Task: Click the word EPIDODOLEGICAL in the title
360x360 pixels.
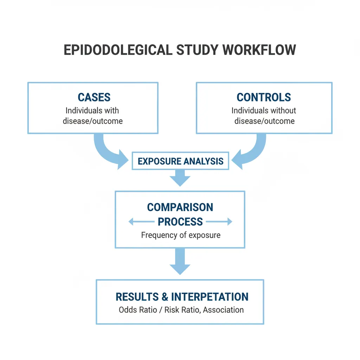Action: pyautogui.click(x=118, y=50)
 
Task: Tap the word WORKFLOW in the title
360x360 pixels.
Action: pyautogui.click(x=259, y=50)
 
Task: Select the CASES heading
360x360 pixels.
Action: pyautogui.click(x=94, y=97)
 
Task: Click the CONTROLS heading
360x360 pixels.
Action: pyautogui.click(x=264, y=97)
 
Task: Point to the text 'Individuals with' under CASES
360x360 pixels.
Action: pyautogui.click(x=92, y=110)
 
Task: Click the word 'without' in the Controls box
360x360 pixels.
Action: pyautogui.click(x=282, y=110)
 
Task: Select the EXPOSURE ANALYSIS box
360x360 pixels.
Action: pyautogui.click(x=180, y=161)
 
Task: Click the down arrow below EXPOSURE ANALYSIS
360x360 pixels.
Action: pyautogui.click(x=180, y=178)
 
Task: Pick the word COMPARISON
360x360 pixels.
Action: pyautogui.click(x=180, y=207)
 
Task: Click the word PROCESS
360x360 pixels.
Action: pyautogui.click(x=180, y=222)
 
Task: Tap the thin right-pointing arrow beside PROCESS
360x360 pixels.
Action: pyautogui.click(x=219, y=222)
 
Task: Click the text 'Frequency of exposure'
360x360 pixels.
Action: pyautogui.click(x=181, y=235)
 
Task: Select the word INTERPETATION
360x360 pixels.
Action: pyautogui.click(x=210, y=297)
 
